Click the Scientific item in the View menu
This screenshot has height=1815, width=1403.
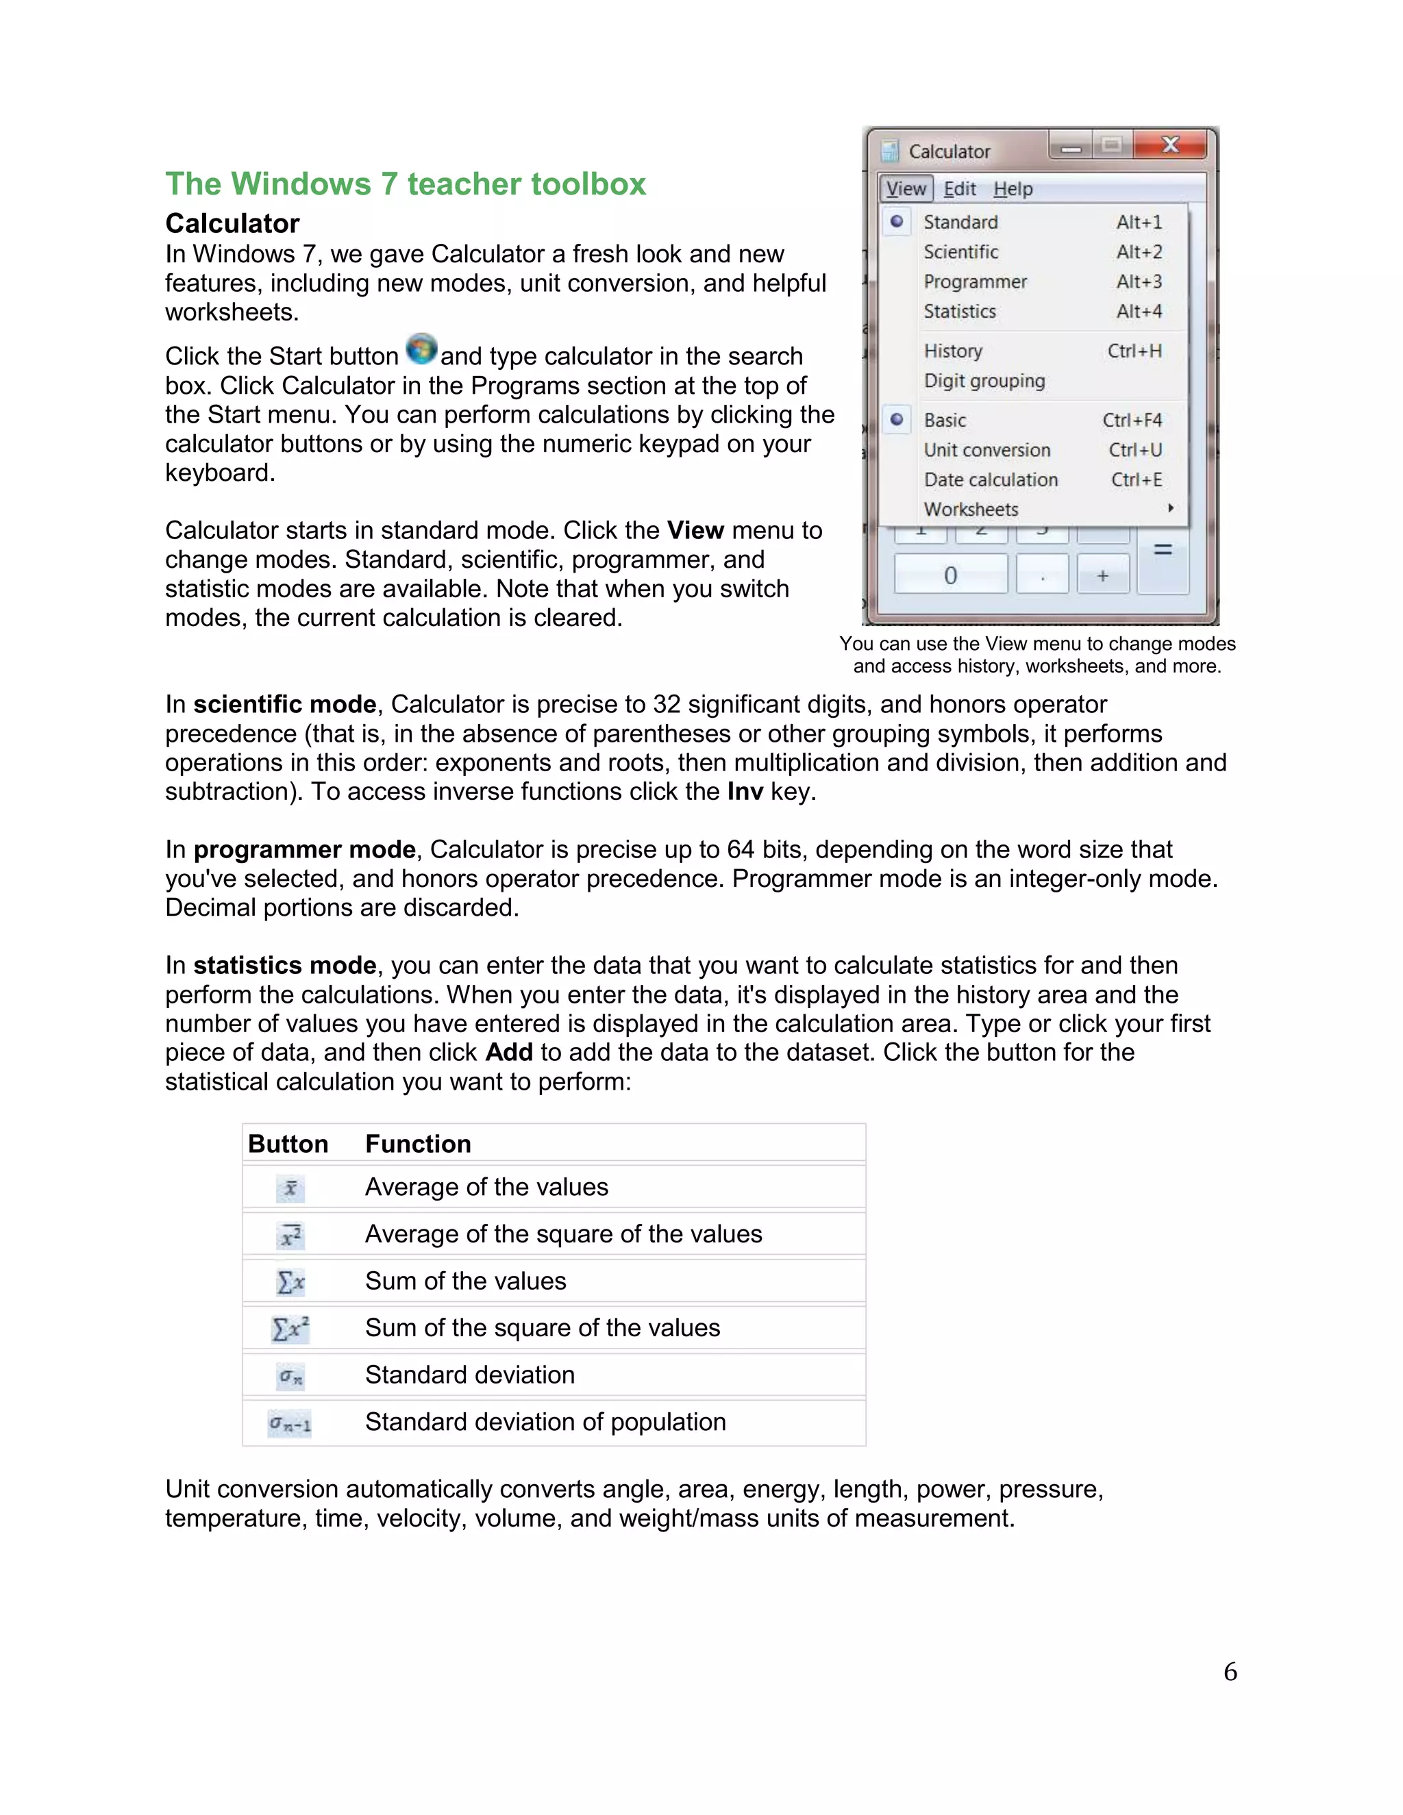click(961, 252)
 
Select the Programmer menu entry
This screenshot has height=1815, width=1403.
click(975, 281)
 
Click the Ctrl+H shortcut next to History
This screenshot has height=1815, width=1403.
click(1134, 351)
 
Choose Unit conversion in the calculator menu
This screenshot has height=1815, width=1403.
click(986, 449)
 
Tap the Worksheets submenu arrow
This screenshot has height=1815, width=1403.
click(1170, 508)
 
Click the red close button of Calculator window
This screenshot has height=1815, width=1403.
click(1169, 145)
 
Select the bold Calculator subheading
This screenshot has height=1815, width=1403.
click(232, 223)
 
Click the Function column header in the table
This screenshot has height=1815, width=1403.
click(418, 1144)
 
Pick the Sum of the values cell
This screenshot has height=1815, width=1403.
click(465, 1281)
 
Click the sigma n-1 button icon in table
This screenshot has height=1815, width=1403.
click(289, 1424)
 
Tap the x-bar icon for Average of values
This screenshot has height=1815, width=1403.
click(290, 1188)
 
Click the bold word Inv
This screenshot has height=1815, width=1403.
click(745, 791)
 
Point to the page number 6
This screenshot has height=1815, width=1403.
click(1229, 1672)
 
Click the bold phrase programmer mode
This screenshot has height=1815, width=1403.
click(304, 849)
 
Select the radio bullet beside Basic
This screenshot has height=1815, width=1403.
click(896, 420)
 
